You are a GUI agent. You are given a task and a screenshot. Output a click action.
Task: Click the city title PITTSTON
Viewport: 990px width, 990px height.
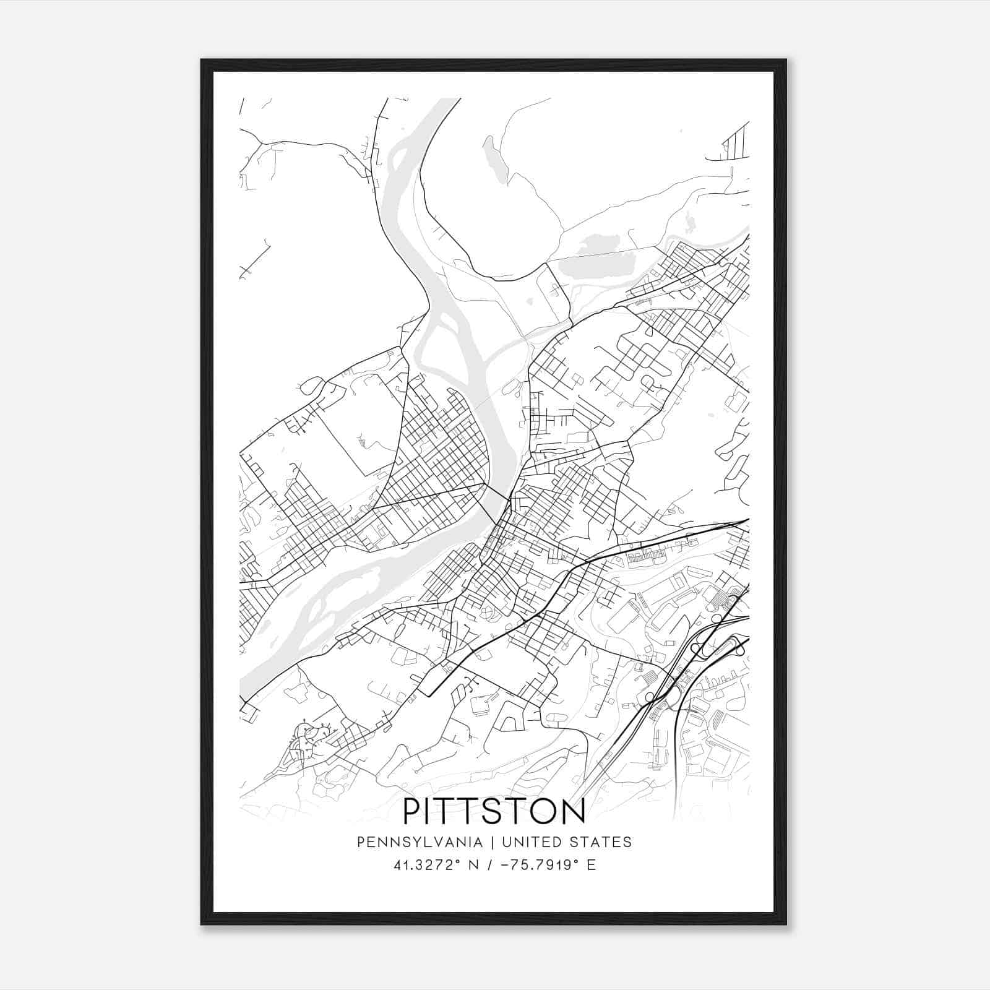(494, 812)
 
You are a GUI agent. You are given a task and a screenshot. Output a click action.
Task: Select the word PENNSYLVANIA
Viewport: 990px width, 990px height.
(420, 842)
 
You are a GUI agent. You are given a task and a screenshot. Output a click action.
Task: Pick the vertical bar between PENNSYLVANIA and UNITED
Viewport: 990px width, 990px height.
(493, 842)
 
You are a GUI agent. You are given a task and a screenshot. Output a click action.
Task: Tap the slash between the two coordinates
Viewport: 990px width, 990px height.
(489, 865)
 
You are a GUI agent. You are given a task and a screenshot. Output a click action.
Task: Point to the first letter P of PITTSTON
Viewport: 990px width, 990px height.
(412, 812)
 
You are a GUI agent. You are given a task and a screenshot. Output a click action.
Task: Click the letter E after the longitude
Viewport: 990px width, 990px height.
(592, 865)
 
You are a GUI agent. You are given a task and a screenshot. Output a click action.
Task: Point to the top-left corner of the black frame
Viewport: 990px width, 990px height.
(202, 61)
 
